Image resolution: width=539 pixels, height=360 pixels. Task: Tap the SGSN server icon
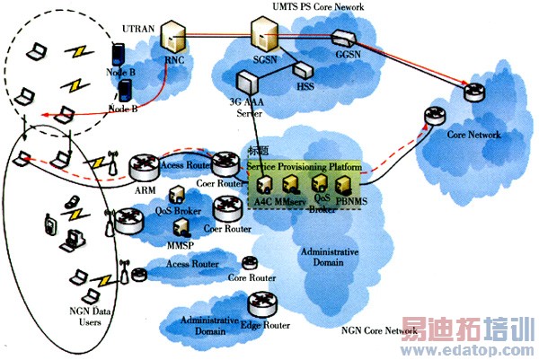click(262, 38)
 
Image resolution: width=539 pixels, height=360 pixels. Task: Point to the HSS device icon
click(305, 70)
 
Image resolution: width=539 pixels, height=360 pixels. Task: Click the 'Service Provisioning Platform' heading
click(300, 167)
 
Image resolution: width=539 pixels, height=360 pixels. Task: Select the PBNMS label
click(351, 200)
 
